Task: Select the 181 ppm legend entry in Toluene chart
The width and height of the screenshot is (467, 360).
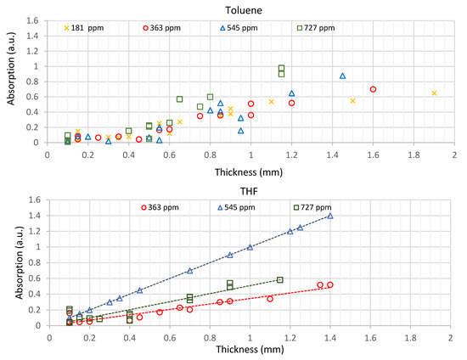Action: pyautogui.click(x=91, y=27)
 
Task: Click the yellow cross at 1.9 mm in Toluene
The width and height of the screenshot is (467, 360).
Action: pyautogui.click(x=434, y=93)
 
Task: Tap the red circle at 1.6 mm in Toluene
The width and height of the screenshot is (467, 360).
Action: pyautogui.click(x=373, y=89)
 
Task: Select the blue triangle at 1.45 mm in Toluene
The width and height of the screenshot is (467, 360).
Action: pyautogui.click(x=342, y=76)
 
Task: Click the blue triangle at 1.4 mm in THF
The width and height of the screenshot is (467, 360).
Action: pyautogui.click(x=330, y=216)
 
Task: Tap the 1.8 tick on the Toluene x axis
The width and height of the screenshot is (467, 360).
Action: pyautogui.click(x=414, y=155)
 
